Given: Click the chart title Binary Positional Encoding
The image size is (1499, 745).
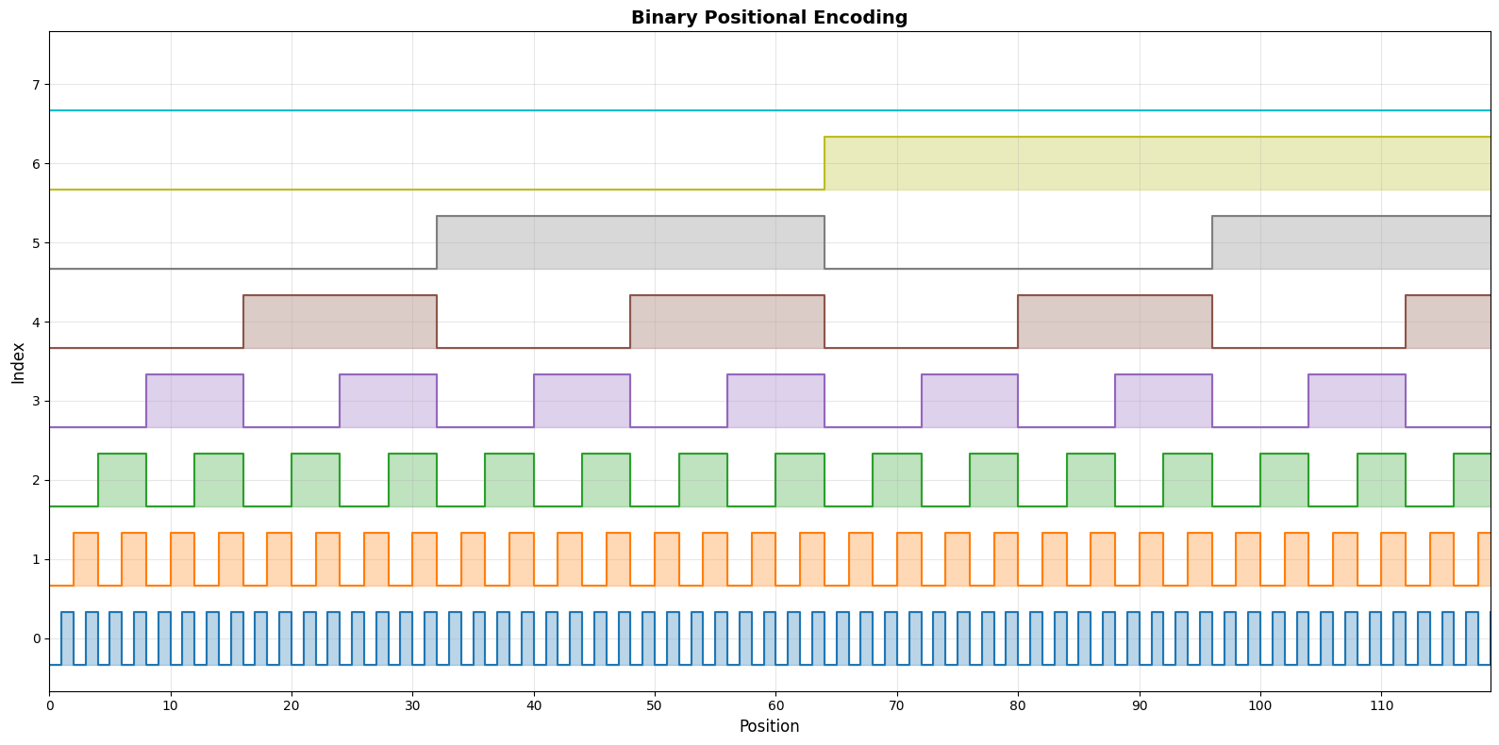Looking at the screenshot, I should pos(769,17).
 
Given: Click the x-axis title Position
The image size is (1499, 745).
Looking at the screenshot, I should pos(769,726).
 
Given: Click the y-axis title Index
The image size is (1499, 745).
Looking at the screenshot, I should pos(18,362).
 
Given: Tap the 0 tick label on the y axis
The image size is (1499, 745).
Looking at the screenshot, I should pos(37,638).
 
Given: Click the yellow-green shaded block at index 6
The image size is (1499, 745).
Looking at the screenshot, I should pos(1157,163).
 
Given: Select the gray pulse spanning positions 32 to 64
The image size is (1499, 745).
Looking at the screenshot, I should pos(630,242).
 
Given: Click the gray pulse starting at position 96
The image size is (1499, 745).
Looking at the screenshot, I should pos(1351,242).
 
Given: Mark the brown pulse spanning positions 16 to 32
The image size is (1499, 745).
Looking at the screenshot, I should pos(340,322).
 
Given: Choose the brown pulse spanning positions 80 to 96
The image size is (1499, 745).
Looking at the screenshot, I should pos(1115,322).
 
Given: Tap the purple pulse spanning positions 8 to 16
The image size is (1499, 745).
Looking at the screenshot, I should pos(194,401).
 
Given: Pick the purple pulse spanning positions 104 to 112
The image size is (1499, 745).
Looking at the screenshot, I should pos(1357,401).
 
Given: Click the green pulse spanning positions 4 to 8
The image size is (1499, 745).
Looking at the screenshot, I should pos(122,480).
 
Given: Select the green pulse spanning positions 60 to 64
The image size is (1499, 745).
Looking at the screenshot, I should pos(800,480).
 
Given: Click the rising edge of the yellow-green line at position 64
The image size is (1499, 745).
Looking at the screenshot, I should pos(824,163).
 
